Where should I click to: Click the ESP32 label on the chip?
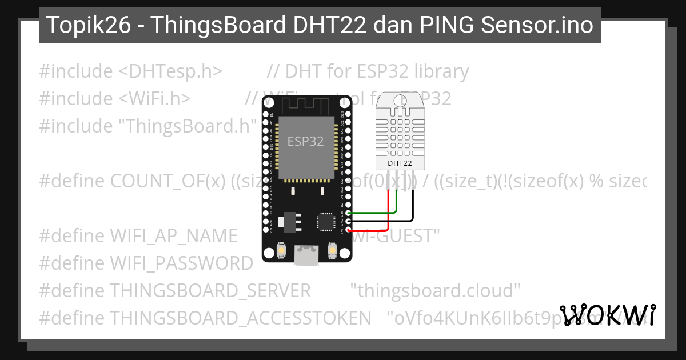[x=305, y=141]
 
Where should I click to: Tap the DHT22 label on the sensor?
[x=400, y=163]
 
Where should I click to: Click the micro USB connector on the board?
[x=306, y=255]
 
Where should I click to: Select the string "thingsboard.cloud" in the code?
[x=438, y=291]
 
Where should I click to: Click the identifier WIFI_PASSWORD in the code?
[x=181, y=263]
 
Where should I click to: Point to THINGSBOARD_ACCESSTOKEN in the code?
[x=241, y=318]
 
